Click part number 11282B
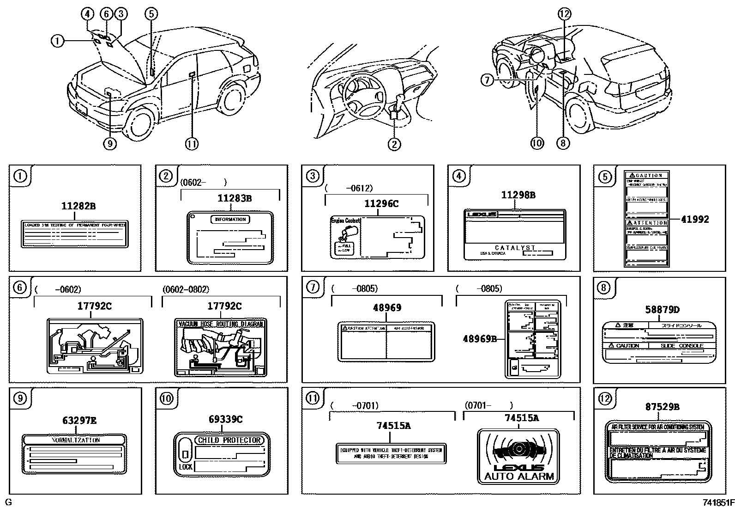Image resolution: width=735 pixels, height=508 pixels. pos(78,206)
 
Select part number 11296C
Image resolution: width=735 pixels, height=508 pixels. pos(381,203)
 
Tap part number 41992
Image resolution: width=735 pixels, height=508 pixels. pos(695,220)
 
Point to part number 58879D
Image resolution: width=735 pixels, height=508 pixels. pos(663,310)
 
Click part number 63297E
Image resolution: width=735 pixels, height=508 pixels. pos(79,421)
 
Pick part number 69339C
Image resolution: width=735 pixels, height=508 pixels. pos(225,419)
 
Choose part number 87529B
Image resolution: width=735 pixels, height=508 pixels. pos(662,407)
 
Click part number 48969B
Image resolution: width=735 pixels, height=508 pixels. pos(480,339)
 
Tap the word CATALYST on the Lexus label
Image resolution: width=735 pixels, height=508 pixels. pos(515,248)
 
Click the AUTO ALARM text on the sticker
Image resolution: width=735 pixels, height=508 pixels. pos(518,477)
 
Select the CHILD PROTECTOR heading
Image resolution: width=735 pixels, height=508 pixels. pos(229,440)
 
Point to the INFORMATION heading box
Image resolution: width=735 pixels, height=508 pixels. pos(230,219)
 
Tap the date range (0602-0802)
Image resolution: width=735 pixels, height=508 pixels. pos(186,289)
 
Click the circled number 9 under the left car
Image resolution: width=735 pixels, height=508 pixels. pos(109,144)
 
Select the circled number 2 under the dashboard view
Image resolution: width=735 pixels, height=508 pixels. pos(394,144)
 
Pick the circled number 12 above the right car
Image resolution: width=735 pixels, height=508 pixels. pos(564,14)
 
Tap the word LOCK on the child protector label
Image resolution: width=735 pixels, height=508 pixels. pos(186,467)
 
